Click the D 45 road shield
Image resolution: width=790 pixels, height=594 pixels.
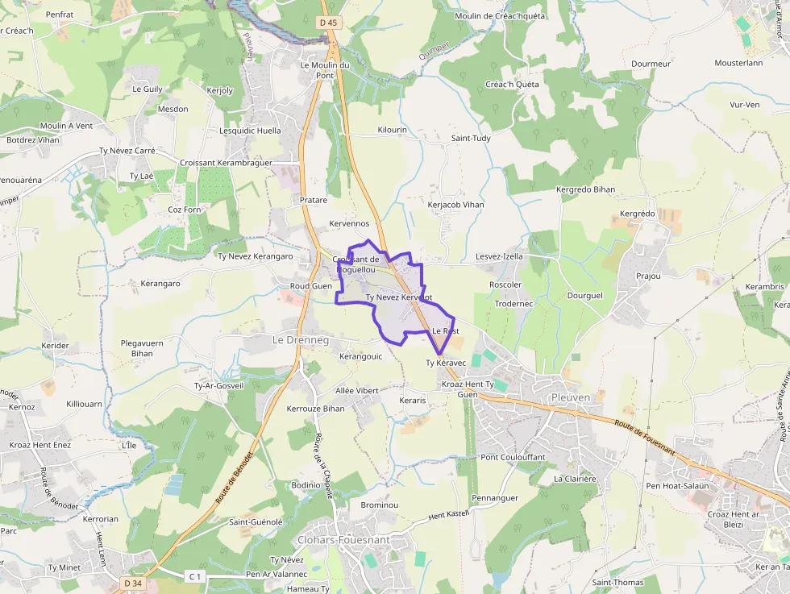click(327, 23)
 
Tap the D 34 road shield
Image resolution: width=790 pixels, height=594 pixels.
click(133, 583)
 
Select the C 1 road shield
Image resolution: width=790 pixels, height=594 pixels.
click(194, 575)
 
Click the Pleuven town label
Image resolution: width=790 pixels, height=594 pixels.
click(572, 397)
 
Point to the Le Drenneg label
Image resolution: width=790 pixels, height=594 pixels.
click(301, 340)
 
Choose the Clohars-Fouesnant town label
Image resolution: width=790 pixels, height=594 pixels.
click(343, 539)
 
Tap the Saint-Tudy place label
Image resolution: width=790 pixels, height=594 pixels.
click(471, 138)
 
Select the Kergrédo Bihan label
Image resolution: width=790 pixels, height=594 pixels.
click(585, 189)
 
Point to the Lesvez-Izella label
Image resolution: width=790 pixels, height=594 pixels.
click(499, 256)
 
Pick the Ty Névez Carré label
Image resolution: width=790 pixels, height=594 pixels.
click(127, 151)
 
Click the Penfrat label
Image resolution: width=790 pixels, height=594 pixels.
click(60, 15)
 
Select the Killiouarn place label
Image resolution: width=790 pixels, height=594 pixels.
click(85, 403)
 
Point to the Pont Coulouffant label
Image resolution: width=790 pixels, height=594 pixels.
click(513, 457)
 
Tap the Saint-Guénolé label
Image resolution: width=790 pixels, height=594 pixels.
click(256, 521)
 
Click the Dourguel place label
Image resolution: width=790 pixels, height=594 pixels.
click(584, 296)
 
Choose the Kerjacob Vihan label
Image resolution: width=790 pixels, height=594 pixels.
click(455, 205)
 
